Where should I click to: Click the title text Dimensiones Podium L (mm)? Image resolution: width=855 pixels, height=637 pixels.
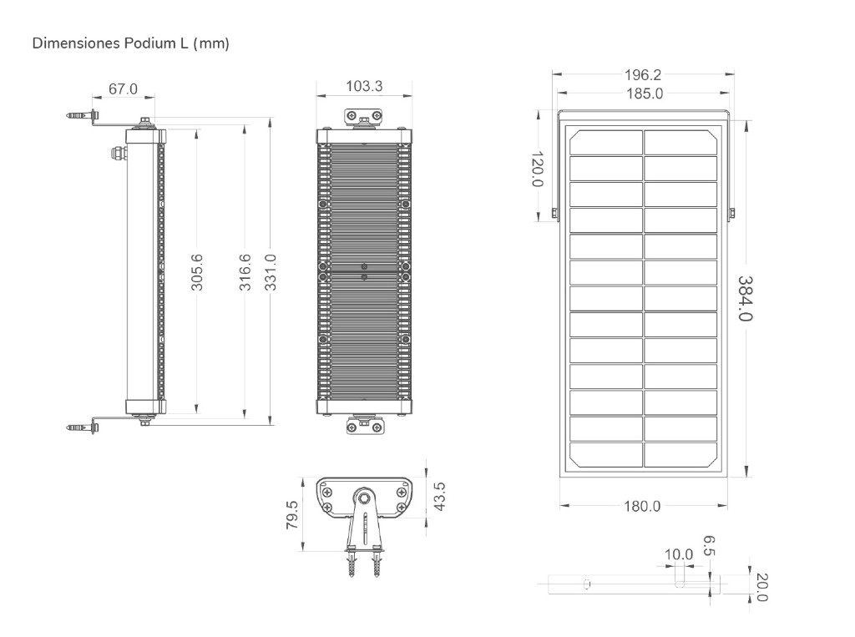pyautogui.click(x=131, y=43)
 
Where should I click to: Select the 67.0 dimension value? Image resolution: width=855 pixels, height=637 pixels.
pyautogui.click(x=124, y=88)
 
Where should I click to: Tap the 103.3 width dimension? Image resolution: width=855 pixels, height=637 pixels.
pyautogui.click(x=364, y=86)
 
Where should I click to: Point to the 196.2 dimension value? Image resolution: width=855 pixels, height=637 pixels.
pyautogui.click(x=643, y=74)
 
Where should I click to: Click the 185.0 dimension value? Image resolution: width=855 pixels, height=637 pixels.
pyautogui.click(x=645, y=94)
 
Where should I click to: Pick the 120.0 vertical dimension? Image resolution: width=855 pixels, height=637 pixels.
pyautogui.click(x=538, y=169)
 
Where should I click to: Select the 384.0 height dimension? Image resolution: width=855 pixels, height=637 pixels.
pyautogui.click(x=746, y=298)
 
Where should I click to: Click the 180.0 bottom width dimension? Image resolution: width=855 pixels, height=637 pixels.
pyautogui.click(x=642, y=507)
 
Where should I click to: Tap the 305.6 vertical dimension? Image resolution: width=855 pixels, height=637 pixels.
pyautogui.click(x=197, y=272)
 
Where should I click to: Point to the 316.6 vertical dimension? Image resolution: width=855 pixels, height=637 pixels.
pyautogui.click(x=245, y=272)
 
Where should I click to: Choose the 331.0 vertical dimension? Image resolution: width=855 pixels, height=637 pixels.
pyautogui.click(x=271, y=272)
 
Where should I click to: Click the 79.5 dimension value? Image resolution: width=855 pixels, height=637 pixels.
pyautogui.click(x=292, y=515)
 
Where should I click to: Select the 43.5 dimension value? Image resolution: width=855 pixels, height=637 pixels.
pyautogui.click(x=439, y=496)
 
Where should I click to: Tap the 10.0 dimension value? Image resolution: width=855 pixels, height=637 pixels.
pyautogui.click(x=678, y=554)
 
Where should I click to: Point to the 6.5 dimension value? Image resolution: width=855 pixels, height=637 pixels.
pyautogui.click(x=708, y=546)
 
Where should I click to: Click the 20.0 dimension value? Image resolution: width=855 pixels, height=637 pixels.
pyautogui.click(x=762, y=588)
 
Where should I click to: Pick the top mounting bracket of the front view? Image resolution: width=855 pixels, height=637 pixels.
pyautogui.click(x=364, y=118)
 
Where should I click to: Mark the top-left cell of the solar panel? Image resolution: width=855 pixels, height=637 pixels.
pyautogui.click(x=606, y=142)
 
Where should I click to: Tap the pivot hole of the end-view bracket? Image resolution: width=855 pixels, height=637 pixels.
pyautogui.click(x=363, y=498)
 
